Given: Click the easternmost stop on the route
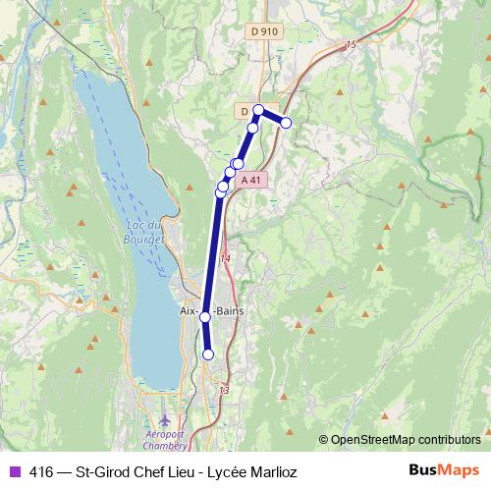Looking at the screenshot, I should click(287, 123).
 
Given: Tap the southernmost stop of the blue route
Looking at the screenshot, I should click(208, 355).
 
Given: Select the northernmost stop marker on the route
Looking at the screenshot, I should click(258, 110).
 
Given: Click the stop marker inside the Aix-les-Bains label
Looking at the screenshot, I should click(205, 317).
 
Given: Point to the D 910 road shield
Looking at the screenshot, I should click(265, 32).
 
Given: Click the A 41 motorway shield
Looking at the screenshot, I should click(253, 180).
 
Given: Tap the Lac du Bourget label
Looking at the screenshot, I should click(144, 232).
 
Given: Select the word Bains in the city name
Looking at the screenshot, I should click(229, 311).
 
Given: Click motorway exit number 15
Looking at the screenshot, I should click(352, 45).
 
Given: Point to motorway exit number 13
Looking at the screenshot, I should click(225, 390).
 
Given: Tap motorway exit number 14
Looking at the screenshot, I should click(226, 258).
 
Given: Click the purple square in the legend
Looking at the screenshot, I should click(14, 471).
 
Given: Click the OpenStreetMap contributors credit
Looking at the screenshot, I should click(406, 440).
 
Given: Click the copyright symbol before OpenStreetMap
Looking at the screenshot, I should click(323, 440).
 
